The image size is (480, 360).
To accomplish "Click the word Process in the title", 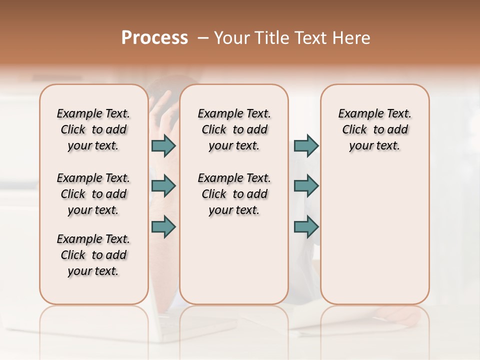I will coord(154,38).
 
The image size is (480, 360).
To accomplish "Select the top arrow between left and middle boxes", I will coord(163,146).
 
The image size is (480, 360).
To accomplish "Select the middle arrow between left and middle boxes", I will coord(163,186).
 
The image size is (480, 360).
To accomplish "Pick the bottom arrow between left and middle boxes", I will coord(163,227).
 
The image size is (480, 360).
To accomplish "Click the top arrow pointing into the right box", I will coord(306,146).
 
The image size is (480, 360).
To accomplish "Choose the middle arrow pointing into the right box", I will coord(306,186).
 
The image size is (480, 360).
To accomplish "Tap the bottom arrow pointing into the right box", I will coord(306,227).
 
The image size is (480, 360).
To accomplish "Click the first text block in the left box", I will coord(93,129).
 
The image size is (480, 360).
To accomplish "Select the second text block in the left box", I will coord(93,194).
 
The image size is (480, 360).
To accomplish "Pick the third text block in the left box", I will coord(93,255).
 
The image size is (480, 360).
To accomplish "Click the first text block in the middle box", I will coord(234,129).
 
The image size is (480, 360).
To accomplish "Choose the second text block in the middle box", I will coord(234,194).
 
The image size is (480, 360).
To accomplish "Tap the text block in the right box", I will coord(374,129).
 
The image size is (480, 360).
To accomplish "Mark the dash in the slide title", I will coord(203,38).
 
